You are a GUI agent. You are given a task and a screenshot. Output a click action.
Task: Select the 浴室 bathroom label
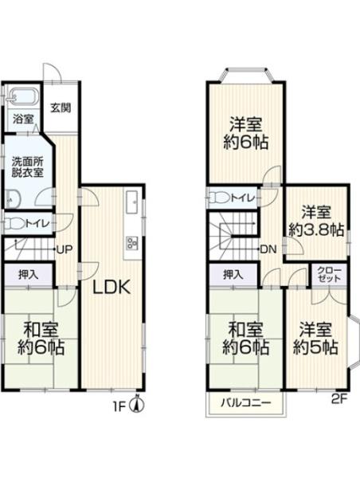(22, 119)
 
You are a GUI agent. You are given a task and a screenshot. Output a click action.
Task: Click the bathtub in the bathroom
(23, 97)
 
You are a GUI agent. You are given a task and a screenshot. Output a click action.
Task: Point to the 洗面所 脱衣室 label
(27, 167)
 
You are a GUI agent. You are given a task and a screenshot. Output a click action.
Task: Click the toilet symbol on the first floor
(11, 225)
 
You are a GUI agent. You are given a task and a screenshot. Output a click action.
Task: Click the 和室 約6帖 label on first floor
(38, 339)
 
